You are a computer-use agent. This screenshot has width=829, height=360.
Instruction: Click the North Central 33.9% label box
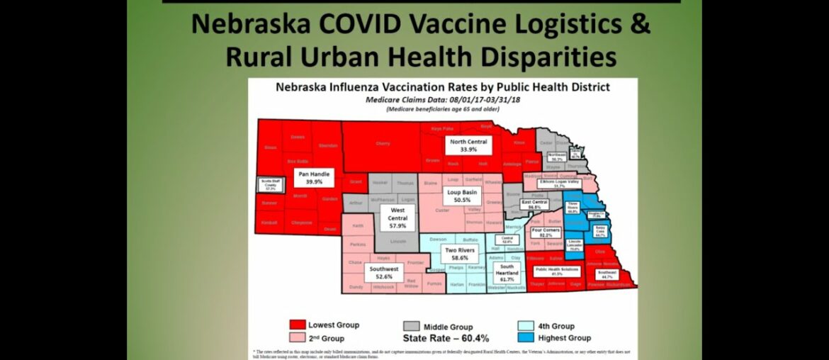[468, 145]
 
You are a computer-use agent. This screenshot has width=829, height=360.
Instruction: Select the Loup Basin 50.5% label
[461, 196]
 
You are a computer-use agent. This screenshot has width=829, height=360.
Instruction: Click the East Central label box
[535, 205]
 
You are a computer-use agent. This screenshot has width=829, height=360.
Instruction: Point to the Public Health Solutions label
[557, 271]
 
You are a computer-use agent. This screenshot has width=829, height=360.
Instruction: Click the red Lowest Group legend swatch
[297, 325]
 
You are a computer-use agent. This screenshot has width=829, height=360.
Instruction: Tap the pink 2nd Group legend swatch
[297, 338]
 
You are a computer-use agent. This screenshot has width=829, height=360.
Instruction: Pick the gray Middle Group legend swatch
[412, 326]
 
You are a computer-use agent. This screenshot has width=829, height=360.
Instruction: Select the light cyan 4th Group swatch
[526, 325]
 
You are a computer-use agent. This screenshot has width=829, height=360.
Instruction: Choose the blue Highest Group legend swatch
[526, 338]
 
